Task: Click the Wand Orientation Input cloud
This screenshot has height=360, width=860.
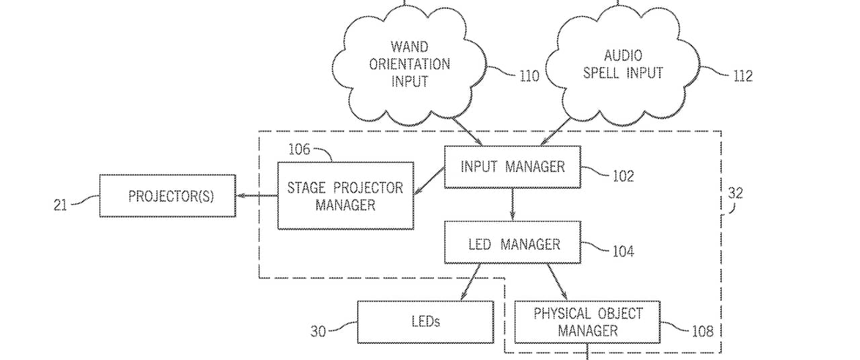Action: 409,65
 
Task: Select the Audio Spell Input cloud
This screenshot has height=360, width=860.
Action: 622,65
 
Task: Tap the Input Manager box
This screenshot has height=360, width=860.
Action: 512,167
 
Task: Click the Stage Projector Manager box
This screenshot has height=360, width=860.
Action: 345,196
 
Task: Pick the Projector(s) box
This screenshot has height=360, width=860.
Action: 167,196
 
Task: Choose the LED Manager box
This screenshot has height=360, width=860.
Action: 512,243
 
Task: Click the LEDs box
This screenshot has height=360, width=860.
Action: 425,322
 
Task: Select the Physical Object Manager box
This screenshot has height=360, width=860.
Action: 587,322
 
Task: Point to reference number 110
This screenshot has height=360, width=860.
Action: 529,76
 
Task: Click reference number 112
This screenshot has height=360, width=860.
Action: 742,76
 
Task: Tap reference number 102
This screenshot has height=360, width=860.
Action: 623,177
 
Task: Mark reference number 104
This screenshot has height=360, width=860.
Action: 623,252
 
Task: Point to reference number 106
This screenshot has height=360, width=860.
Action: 300,149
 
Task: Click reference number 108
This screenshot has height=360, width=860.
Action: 702,330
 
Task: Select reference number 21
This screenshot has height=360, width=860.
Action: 60,205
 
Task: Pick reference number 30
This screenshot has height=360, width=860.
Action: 318,331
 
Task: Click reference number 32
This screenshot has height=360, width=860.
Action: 736,193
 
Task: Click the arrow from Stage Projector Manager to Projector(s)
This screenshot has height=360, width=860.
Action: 257,196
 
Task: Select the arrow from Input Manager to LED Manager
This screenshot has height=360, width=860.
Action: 513,204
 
